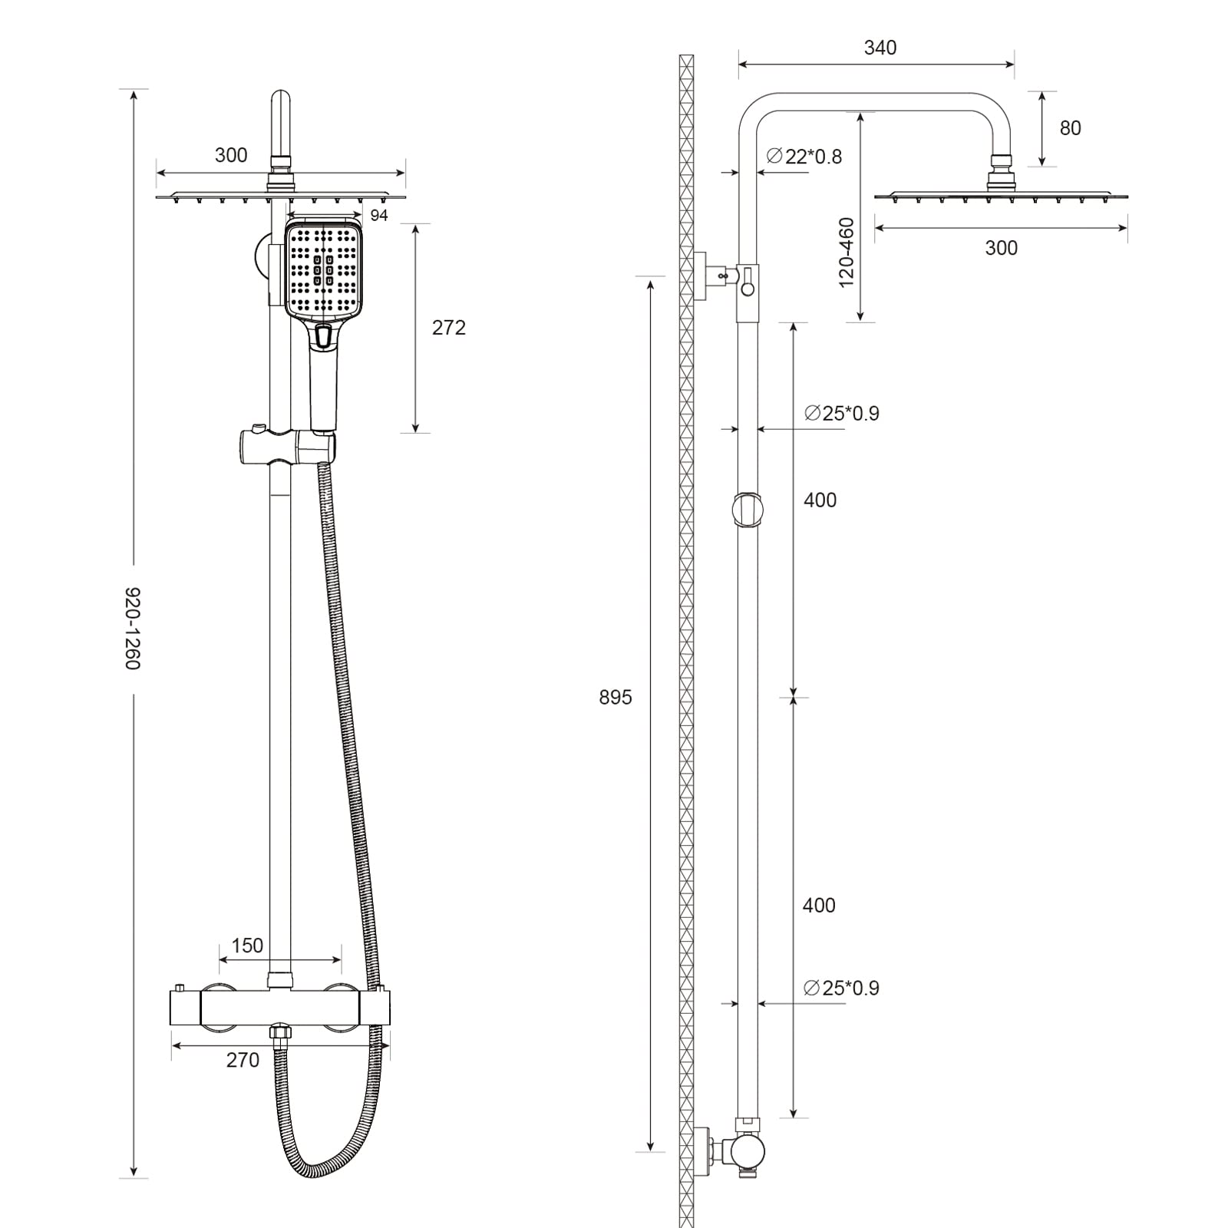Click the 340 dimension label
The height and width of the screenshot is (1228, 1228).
[880, 48]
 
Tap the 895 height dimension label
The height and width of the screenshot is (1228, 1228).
[615, 697]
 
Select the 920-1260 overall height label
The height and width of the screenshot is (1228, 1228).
[133, 628]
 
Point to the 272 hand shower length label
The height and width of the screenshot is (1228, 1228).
[448, 328]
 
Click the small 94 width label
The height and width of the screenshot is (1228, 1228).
[379, 216]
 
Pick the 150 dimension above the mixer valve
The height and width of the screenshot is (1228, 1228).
[247, 946]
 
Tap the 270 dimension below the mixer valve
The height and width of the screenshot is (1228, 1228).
[243, 1060]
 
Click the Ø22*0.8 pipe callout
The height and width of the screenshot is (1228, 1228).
[804, 157]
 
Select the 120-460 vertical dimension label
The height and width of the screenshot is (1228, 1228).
[847, 253]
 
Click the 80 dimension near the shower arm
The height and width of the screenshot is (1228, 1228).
[1070, 128]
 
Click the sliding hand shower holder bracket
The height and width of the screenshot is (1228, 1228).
[286, 447]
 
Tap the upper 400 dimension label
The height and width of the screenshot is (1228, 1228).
[820, 500]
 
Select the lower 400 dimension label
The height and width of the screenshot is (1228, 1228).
[819, 906]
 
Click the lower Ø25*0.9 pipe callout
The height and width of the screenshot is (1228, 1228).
[841, 988]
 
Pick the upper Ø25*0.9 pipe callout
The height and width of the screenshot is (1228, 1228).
[841, 413]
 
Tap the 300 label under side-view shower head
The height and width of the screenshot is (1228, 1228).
[1001, 248]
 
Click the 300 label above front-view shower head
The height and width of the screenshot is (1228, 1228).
[231, 155]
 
